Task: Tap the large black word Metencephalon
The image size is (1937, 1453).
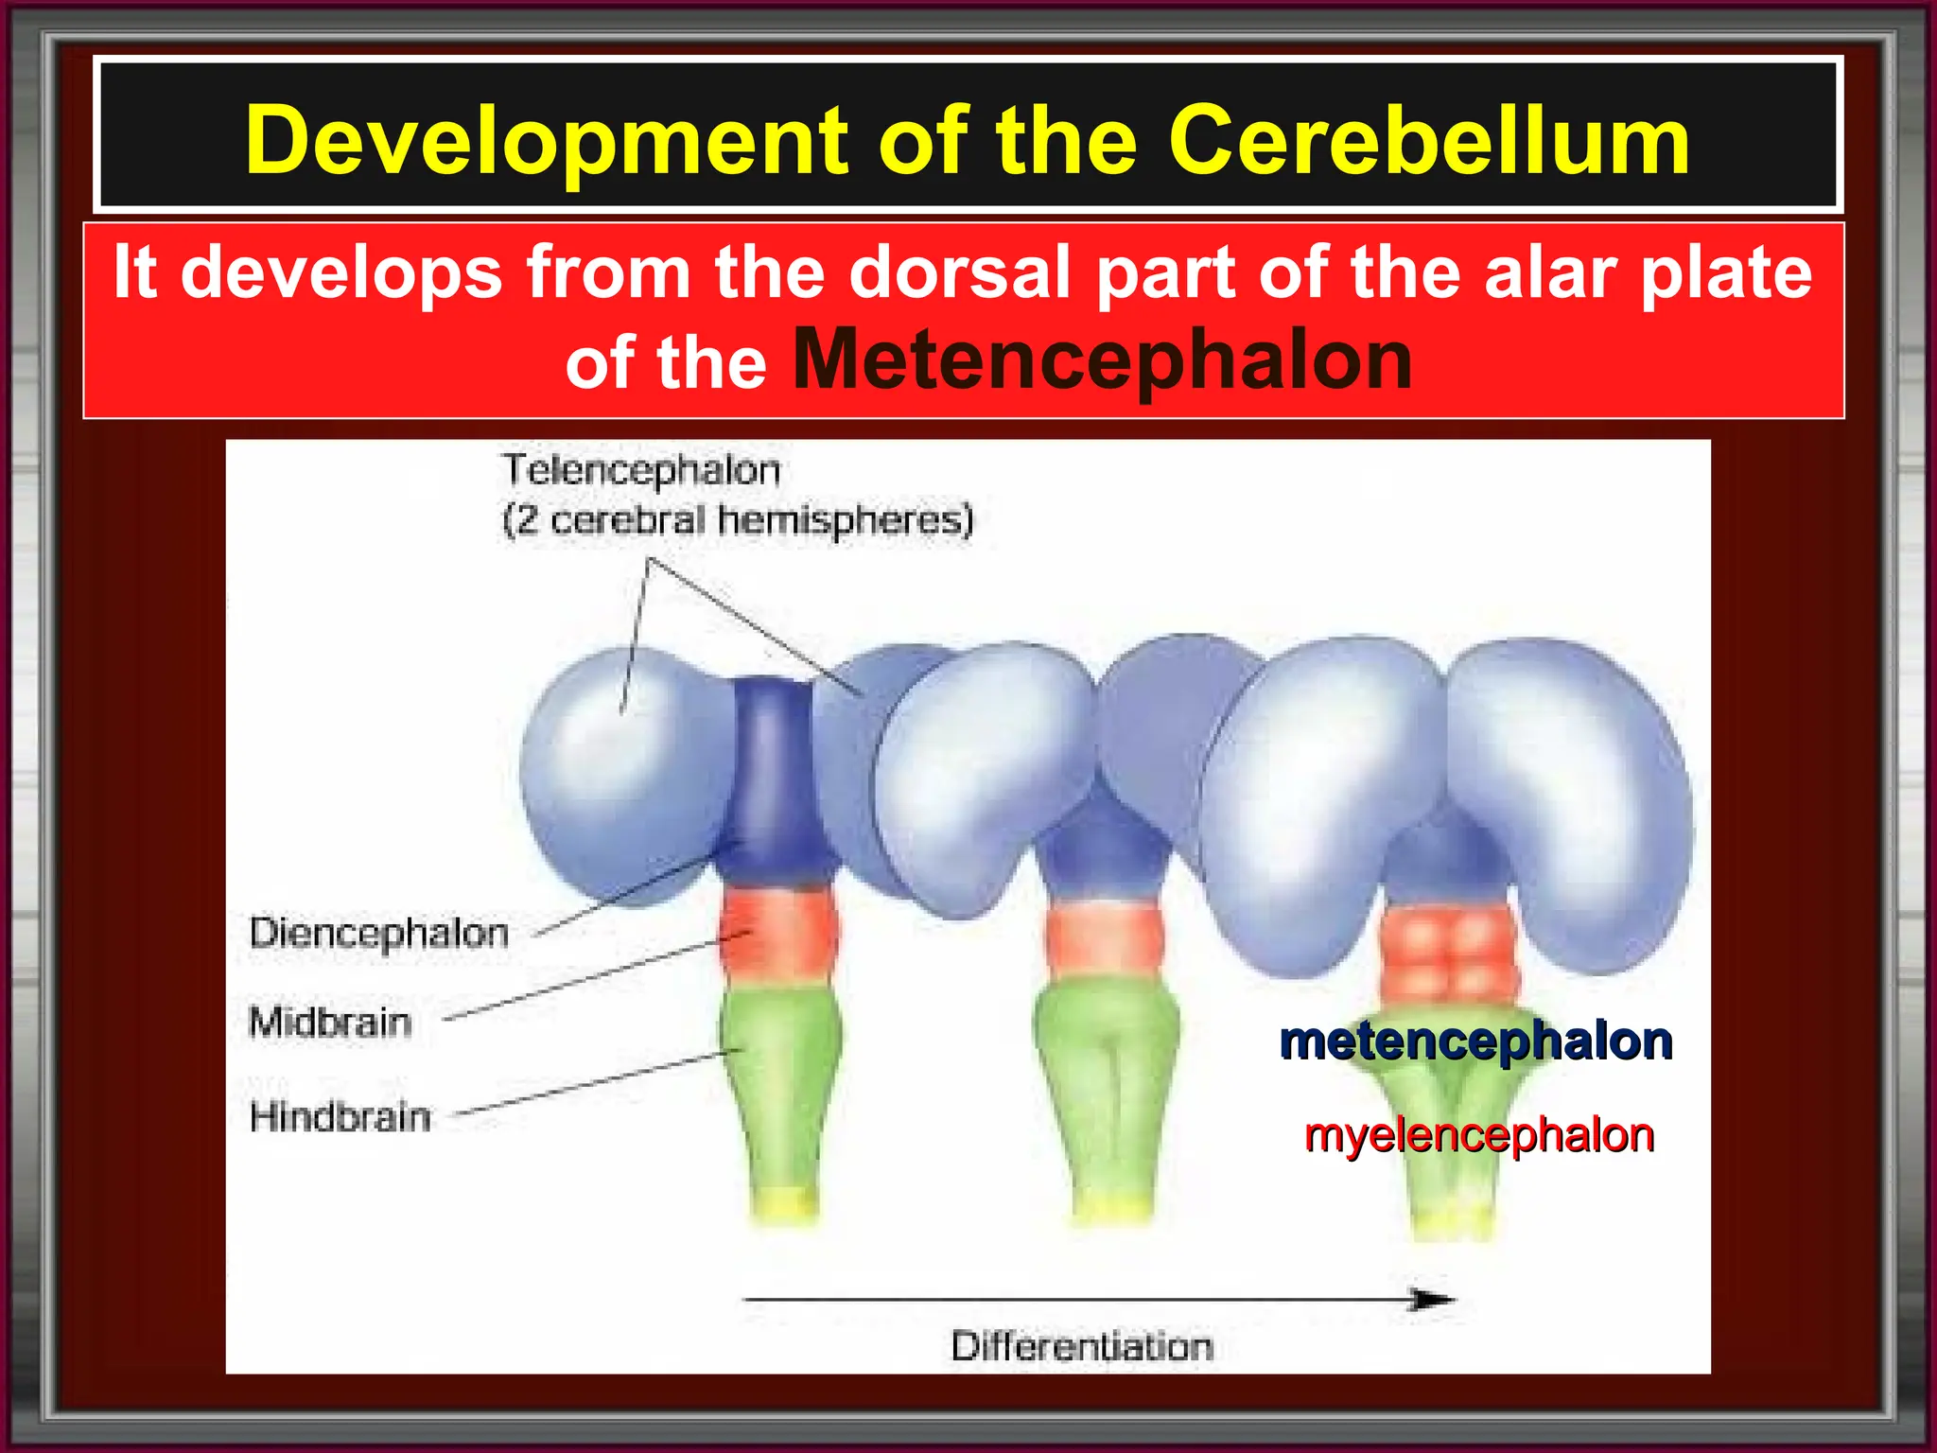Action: click(x=1102, y=361)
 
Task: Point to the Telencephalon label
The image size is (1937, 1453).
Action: click(x=641, y=470)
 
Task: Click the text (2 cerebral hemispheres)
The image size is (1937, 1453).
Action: click(x=738, y=520)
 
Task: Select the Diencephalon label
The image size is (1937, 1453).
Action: click(x=378, y=934)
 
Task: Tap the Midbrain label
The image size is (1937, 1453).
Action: click(x=330, y=1023)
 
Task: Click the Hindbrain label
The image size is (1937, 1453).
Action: click(x=340, y=1117)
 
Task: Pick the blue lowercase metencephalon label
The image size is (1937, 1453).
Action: click(x=1475, y=1042)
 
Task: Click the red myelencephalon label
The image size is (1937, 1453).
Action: click(x=1478, y=1135)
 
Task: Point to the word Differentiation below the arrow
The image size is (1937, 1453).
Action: click(x=1081, y=1346)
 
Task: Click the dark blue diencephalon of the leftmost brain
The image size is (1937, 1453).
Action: click(x=774, y=776)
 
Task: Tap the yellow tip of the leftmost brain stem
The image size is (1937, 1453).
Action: click(x=784, y=1205)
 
